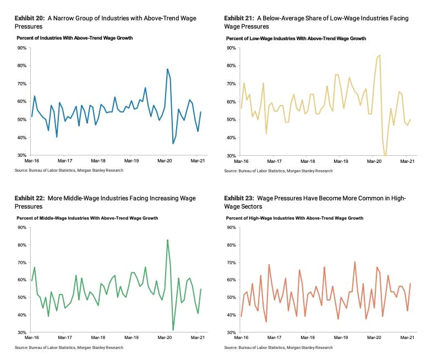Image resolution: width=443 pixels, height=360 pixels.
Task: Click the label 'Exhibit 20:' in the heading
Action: (x=30, y=18)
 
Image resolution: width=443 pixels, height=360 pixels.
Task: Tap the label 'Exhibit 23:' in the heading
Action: (x=239, y=198)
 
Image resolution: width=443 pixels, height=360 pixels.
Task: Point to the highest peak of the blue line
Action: (x=167, y=69)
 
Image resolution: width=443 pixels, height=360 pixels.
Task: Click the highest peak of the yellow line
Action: (x=379, y=55)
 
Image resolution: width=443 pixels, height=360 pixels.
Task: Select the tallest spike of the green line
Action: (x=167, y=240)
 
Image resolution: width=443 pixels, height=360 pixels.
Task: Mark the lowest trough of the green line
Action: (x=173, y=330)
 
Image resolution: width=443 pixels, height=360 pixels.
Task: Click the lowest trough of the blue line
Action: (x=173, y=143)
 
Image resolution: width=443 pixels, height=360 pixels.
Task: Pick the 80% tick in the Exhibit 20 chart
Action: (x=22, y=66)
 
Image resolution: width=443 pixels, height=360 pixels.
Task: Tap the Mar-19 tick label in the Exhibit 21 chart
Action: (x=341, y=161)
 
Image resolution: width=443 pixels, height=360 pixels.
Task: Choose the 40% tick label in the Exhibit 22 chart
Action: (x=22, y=315)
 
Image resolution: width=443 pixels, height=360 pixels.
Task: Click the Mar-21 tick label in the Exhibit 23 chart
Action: (x=407, y=337)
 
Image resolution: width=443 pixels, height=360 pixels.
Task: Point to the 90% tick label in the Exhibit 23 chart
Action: (x=231, y=227)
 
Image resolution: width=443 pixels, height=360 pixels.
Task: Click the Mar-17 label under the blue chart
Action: (x=65, y=161)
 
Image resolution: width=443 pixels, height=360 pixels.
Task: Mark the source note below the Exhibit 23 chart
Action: (x=278, y=347)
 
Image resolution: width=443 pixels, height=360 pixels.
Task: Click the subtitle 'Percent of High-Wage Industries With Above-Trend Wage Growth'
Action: (x=294, y=218)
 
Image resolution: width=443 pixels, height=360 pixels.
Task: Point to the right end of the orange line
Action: (x=410, y=283)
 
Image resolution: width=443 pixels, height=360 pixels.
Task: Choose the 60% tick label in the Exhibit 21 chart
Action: (x=231, y=102)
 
